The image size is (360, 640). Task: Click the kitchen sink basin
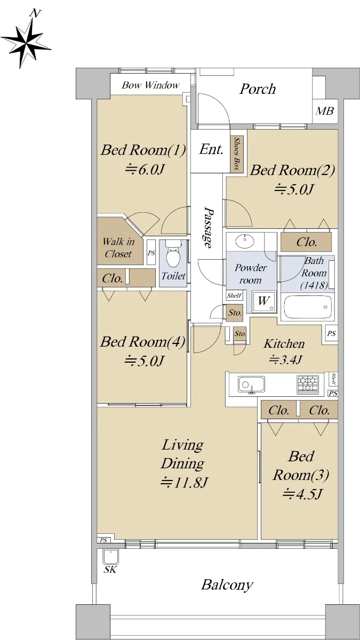click(251, 385)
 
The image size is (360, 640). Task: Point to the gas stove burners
click(308, 384)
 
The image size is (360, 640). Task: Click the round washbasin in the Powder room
click(245, 241)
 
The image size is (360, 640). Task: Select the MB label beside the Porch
click(325, 111)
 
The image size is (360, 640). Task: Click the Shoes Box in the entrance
click(237, 154)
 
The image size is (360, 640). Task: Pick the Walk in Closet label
click(118, 247)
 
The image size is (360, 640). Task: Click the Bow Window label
click(150, 85)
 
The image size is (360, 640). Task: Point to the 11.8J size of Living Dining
click(183, 483)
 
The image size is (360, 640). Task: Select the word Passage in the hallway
click(209, 228)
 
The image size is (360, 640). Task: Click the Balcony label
click(227, 585)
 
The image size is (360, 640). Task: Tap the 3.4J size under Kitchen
click(285, 359)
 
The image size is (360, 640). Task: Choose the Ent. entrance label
click(211, 149)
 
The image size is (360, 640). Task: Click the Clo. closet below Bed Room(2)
click(306, 242)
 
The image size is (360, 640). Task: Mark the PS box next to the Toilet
click(151, 253)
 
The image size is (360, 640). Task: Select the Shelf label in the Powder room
click(234, 295)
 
